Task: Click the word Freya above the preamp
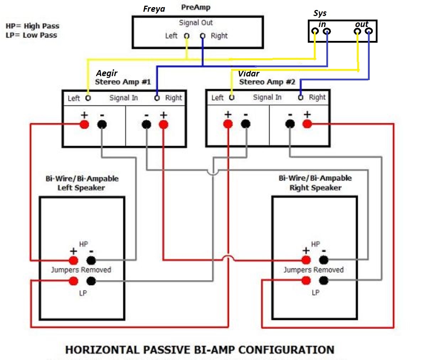pos(154,9)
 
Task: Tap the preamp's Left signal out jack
pos(186,36)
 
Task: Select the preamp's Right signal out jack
pos(202,36)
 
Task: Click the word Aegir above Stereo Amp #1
pos(106,73)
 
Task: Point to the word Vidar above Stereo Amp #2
pos(249,74)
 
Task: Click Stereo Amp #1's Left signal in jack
pos(88,98)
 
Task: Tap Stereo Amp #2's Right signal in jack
pos(300,97)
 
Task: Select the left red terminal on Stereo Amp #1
pos(84,124)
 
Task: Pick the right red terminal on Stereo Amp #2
pos(307,124)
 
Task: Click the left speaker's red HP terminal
pos(73,260)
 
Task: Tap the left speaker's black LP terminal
pos(91,281)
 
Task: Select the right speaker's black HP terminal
pos(324,260)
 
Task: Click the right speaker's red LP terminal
pos(306,280)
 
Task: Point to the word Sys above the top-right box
pos(320,14)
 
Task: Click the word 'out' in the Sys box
pos(362,24)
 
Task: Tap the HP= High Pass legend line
pos(32,26)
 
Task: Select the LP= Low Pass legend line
pos(31,35)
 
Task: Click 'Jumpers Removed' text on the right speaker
pos(313,270)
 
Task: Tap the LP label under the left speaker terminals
pos(83,293)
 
